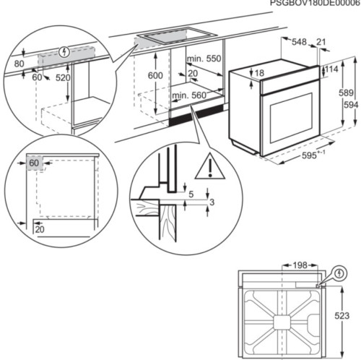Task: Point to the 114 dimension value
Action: [331, 69]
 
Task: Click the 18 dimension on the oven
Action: [259, 73]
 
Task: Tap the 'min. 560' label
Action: [188, 95]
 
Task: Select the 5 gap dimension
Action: [192, 194]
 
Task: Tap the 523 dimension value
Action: [342, 316]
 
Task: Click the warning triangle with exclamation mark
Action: [210, 166]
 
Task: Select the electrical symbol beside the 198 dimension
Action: [339, 273]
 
